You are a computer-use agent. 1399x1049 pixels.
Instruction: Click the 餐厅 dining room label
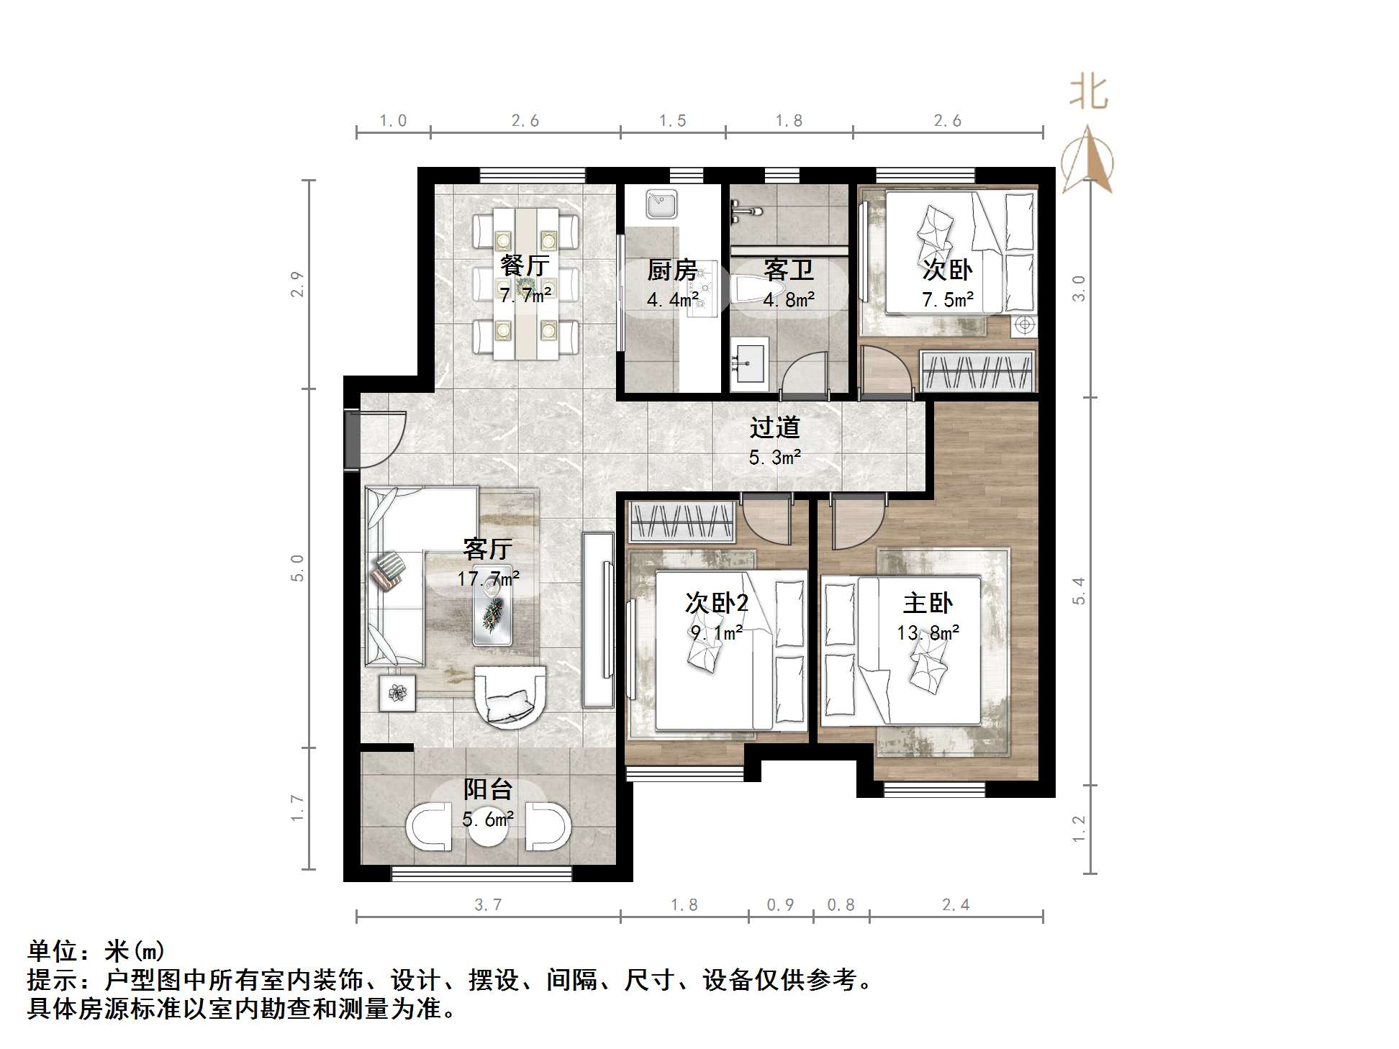(525, 265)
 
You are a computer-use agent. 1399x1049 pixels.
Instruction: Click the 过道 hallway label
(774, 427)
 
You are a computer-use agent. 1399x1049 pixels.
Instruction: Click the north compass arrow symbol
(1088, 160)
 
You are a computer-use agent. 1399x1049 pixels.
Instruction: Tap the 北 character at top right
(1088, 94)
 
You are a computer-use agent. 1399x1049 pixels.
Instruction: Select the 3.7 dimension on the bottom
(488, 905)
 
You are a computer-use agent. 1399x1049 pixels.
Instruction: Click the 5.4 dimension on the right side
(1079, 591)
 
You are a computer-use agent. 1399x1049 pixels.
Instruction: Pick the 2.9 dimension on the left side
(298, 284)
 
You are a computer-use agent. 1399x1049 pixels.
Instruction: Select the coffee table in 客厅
(493, 613)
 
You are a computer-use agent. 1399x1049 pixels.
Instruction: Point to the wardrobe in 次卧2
(682, 522)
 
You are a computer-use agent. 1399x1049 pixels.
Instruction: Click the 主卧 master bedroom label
(928, 603)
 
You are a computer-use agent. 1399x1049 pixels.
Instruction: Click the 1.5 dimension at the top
(672, 121)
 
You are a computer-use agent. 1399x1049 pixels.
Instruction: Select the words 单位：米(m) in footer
(96, 951)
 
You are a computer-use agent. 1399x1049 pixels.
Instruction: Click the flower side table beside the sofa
(397, 693)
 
